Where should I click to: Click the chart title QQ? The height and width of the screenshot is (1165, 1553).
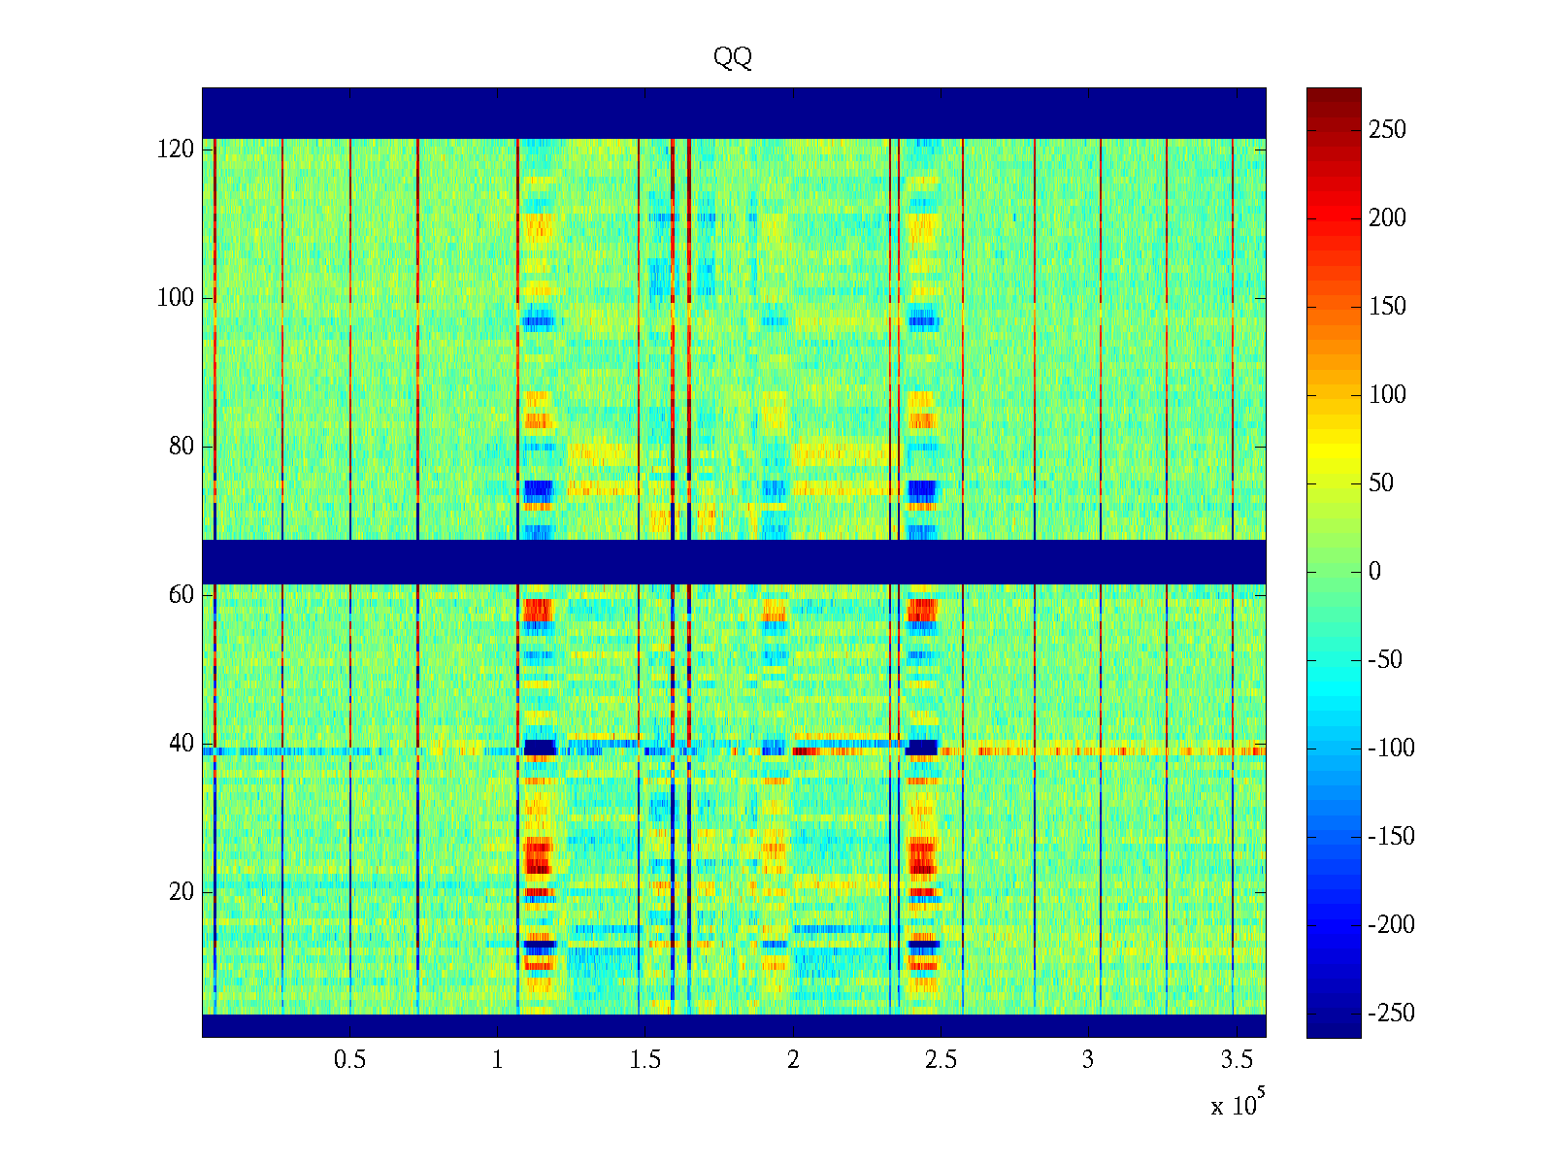click(733, 58)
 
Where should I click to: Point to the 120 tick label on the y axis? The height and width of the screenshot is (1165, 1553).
click(176, 150)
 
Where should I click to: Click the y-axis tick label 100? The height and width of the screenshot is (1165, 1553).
click(176, 298)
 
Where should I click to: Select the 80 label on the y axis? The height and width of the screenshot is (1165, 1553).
click(182, 447)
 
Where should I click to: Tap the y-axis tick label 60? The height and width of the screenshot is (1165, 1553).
click(182, 595)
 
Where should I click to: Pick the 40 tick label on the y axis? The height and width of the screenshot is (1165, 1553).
click(182, 744)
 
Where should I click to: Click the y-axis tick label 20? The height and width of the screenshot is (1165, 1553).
click(182, 892)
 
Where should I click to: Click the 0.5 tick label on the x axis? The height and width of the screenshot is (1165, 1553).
click(349, 1060)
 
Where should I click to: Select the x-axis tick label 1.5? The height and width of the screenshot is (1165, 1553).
click(645, 1060)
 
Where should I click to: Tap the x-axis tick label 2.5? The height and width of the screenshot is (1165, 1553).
click(941, 1060)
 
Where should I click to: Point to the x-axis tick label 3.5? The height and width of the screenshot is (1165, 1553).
click(1236, 1060)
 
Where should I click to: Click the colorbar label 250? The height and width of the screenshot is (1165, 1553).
click(1387, 130)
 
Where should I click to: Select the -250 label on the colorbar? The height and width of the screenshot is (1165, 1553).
click(1391, 1014)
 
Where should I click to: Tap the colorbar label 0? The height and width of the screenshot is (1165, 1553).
click(1374, 572)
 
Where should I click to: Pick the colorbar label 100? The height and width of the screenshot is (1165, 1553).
click(1387, 395)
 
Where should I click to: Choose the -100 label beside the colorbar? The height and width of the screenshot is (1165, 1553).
click(1391, 749)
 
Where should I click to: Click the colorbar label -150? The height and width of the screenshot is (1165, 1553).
click(1391, 837)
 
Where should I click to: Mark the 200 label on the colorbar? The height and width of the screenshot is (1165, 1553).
click(1387, 218)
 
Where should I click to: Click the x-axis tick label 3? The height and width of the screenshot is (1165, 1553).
click(1088, 1060)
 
